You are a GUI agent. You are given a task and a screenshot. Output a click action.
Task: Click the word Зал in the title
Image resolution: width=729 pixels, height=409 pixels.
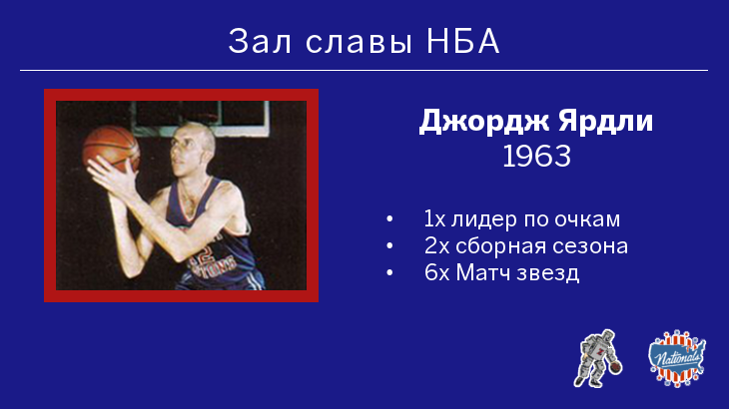coord(260,41)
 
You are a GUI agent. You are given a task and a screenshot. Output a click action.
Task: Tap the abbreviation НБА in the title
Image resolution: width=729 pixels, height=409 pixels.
coord(463,41)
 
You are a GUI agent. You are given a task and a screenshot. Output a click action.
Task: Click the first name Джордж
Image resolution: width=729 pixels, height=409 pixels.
coord(484,122)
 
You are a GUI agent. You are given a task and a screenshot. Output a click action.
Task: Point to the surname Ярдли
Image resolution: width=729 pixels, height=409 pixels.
coord(606,122)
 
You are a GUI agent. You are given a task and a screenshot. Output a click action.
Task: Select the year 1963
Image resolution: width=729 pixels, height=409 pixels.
coord(536,156)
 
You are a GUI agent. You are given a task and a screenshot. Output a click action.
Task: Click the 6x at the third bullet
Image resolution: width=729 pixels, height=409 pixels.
coord(437,272)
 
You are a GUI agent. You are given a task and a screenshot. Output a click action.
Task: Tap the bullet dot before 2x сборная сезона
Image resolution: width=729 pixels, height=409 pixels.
coord(389,246)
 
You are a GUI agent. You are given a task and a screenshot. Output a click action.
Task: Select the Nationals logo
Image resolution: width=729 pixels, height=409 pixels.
coord(677,358)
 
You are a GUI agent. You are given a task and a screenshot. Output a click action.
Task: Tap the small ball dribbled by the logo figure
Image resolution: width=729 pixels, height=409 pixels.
coord(615,367)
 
